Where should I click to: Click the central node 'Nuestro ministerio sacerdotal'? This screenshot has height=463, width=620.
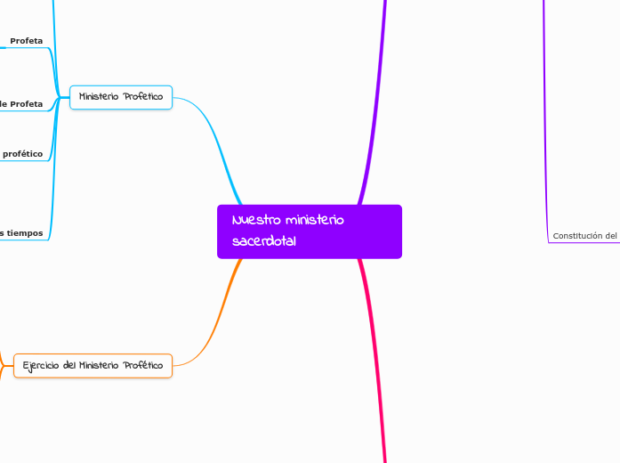click(309, 231)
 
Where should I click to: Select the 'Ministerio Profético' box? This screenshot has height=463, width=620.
click(121, 97)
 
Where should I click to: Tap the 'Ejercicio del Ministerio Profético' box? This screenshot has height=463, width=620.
click(93, 365)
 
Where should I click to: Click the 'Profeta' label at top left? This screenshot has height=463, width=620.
click(27, 41)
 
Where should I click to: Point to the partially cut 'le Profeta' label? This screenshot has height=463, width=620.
click(21, 104)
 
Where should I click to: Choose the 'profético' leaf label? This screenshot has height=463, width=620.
click(22, 154)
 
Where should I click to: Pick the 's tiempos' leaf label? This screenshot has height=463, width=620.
click(21, 232)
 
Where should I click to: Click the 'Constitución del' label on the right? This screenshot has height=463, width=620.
click(584, 236)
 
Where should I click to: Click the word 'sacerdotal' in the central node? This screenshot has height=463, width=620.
click(263, 241)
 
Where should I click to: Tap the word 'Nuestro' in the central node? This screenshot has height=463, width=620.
click(253, 221)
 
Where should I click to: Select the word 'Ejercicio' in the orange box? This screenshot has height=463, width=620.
click(40, 365)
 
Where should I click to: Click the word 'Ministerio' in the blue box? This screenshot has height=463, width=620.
click(99, 97)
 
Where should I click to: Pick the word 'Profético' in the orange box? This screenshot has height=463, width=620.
click(142, 365)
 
